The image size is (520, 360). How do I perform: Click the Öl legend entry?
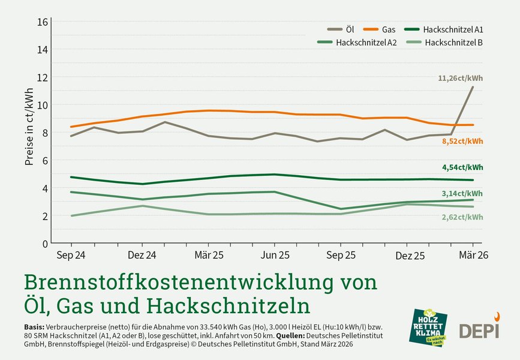(341, 29)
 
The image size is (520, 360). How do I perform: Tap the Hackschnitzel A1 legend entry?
(444, 29)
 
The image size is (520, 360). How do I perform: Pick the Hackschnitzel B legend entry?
(444, 42)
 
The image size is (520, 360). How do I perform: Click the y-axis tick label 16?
(43, 22)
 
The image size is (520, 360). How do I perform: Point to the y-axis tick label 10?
(43, 105)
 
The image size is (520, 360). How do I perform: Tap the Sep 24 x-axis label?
(71, 255)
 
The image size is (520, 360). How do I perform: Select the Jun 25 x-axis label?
(275, 255)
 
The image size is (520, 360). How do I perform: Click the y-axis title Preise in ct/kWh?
(29, 126)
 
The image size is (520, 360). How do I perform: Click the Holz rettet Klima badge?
(428, 327)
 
